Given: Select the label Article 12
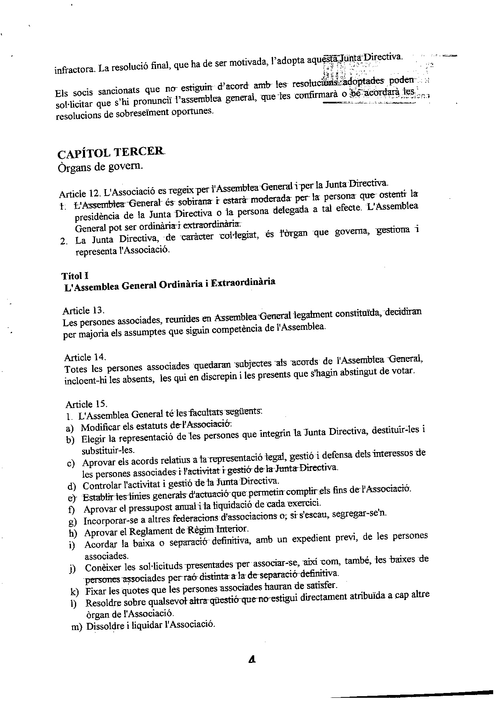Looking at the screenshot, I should click(79, 194).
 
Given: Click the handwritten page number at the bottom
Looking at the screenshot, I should click(252, 658).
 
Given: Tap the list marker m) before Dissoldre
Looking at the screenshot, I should click(77, 627).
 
